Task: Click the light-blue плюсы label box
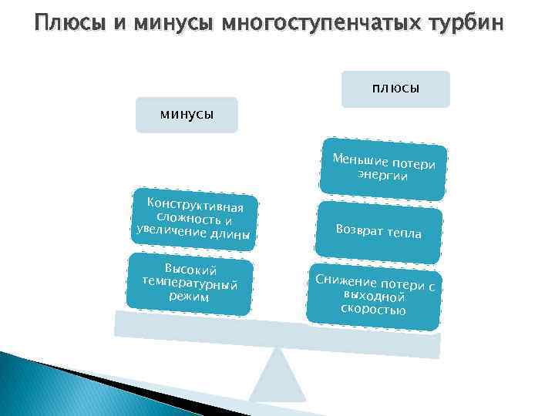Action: click(395, 89)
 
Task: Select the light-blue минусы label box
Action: click(187, 115)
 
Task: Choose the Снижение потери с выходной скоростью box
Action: click(374, 297)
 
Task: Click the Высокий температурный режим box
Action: click(190, 283)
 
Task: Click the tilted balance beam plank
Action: click(277, 332)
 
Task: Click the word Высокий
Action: click(190, 270)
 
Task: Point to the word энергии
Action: click(382, 176)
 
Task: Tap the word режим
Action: click(189, 297)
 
